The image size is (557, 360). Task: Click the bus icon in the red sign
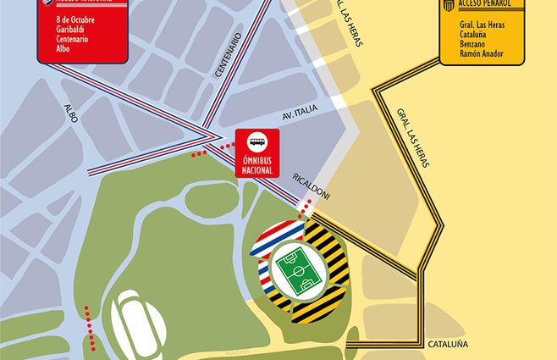click(257, 142)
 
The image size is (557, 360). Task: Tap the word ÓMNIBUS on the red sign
click(257, 160)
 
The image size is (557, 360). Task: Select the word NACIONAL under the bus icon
click(257, 169)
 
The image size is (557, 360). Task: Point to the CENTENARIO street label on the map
click(229, 57)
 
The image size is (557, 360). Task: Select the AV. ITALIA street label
click(297, 119)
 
